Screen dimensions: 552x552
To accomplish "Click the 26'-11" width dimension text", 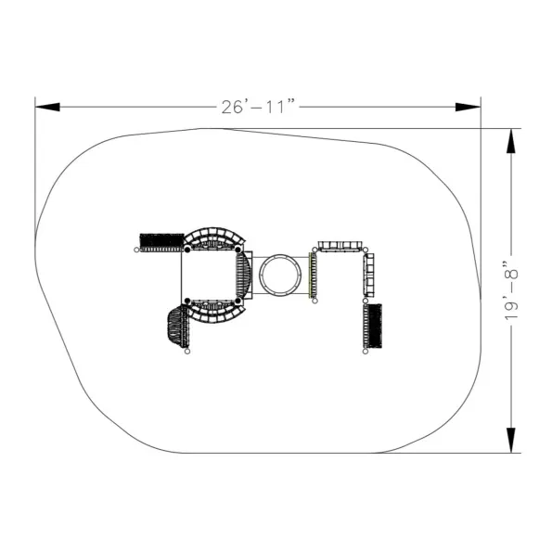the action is click(x=258, y=107).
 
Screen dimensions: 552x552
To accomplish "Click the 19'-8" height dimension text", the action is click(x=511, y=290).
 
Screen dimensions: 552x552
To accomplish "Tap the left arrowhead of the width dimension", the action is click(x=47, y=107).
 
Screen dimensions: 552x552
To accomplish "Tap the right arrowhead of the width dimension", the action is click(x=468, y=107).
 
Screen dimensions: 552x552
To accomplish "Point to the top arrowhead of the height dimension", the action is click(x=511, y=141).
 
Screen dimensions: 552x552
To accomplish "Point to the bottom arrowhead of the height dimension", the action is click(x=511, y=441).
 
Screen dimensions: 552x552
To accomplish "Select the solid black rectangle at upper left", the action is click(x=162, y=240).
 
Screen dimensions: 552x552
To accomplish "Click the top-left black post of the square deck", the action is click(x=187, y=250).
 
